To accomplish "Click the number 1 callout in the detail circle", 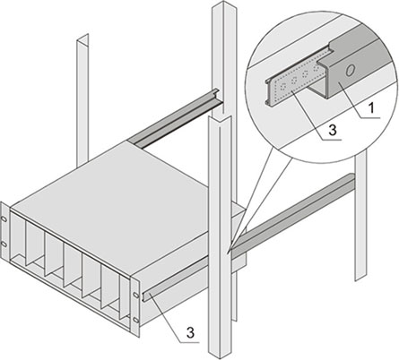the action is (x=371, y=108).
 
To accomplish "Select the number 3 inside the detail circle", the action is (x=333, y=130).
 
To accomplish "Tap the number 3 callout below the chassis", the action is (x=190, y=332).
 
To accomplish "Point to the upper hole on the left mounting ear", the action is (x=4, y=219).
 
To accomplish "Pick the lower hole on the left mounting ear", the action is (x=4, y=244).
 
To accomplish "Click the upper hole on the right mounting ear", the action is (x=135, y=295).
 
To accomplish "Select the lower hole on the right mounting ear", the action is (x=135, y=320).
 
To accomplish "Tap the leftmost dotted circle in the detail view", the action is (x=282, y=87).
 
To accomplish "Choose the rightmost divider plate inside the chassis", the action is (x=125, y=298).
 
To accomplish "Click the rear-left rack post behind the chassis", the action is (x=82, y=100).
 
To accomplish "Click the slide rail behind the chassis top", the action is (x=177, y=118).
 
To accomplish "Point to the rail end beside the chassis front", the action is (x=147, y=296).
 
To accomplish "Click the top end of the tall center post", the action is (x=222, y=4).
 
